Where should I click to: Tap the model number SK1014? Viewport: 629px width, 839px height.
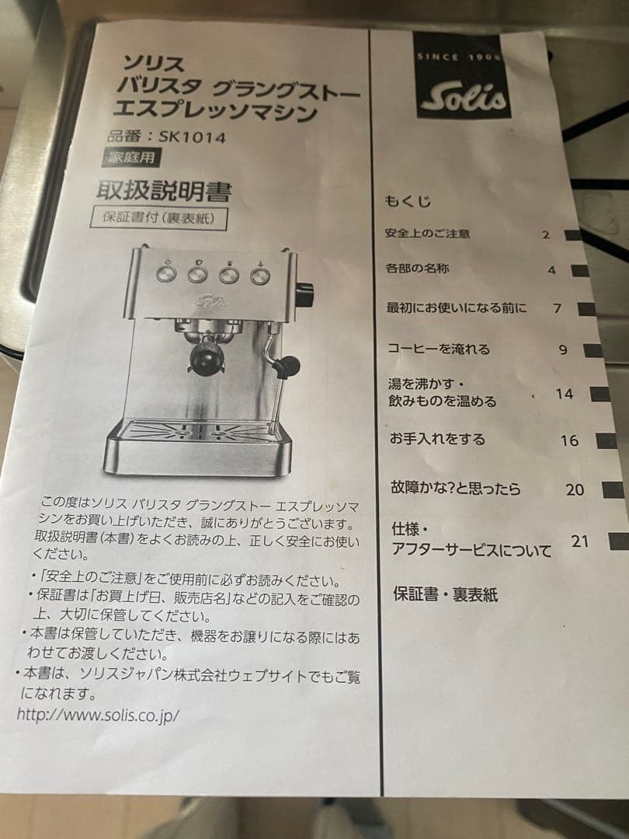tap(193, 137)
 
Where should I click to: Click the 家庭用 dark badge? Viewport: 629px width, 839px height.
tap(131, 157)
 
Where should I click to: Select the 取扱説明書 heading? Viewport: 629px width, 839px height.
tap(164, 190)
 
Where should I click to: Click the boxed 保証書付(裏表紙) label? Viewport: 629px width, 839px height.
tap(159, 218)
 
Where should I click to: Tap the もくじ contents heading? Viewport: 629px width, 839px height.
tap(408, 201)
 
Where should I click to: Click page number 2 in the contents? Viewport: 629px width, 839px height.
tap(546, 235)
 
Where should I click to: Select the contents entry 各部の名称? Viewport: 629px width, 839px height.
tap(417, 268)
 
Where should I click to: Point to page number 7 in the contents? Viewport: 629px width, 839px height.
tap(557, 308)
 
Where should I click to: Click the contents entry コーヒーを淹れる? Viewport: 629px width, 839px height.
tap(439, 349)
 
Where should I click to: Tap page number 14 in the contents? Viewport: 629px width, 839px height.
tap(565, 395)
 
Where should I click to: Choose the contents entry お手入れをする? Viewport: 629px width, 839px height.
tap(437, 439)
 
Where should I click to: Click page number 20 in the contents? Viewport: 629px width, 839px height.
tap(575, 489)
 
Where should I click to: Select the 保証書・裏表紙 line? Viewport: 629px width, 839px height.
tap(446, 594)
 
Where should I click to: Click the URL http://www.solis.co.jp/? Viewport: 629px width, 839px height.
tap(98, 715)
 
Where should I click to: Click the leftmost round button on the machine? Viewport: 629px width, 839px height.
tap(166, 273)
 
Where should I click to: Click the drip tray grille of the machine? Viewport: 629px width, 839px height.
tap(199, 431)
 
